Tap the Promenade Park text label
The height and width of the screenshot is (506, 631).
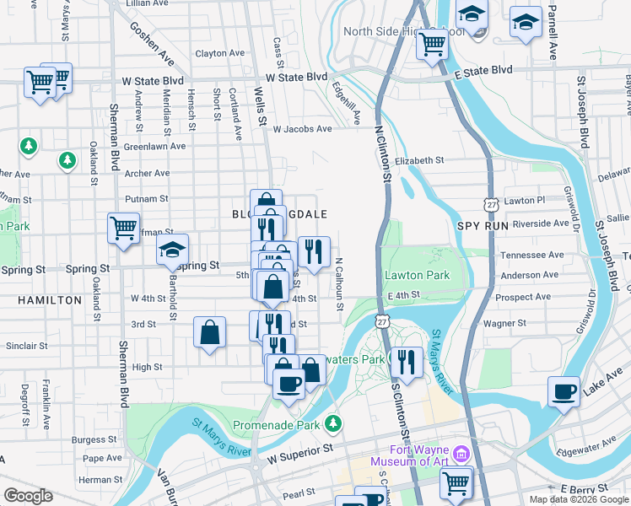279,423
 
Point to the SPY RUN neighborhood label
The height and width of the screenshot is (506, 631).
479,227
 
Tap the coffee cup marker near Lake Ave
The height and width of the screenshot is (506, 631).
564,391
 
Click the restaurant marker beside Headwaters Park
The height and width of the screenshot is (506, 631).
407,362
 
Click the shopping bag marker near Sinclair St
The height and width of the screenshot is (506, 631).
209,331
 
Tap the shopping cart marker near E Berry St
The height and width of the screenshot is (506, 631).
456,482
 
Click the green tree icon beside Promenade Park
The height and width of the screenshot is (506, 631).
335,422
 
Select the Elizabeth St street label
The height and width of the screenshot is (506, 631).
418,160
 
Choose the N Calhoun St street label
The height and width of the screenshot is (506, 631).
338,284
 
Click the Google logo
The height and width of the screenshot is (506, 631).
28,496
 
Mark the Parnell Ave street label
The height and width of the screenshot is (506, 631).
553,34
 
